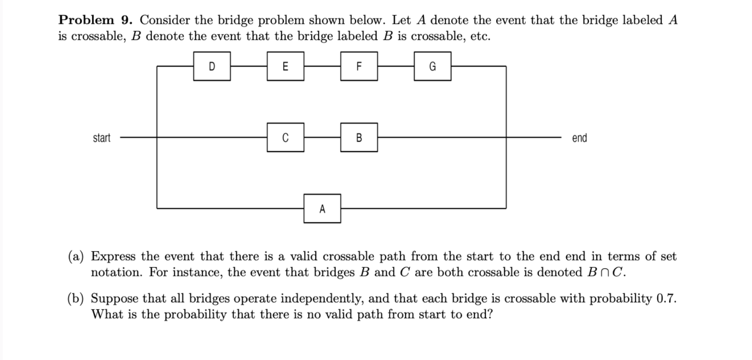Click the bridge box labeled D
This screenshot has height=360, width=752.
tap(212, 66)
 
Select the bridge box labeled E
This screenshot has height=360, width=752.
tap(285, 66)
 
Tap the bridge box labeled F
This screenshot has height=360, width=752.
tap(358, 66)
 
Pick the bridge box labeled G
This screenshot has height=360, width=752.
tap(432, 66)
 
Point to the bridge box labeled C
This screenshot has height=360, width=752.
tap(285, 137)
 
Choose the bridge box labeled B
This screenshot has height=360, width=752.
tap(358, 137)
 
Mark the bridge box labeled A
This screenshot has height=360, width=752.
tap(322, 208)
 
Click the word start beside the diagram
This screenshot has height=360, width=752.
tap(101, 138)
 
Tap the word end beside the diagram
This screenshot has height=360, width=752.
tap(579, 138)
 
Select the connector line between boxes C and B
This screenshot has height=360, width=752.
tap(322, 137)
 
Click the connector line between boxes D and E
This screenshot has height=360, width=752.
tap(249, 66)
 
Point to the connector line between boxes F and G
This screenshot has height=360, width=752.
tap(396, 66)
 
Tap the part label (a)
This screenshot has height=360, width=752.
tap(76, 256)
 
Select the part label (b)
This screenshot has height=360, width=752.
tap(76, 299)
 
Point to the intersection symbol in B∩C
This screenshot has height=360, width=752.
tap(605, 273)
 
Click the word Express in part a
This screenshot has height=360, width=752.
tap(113, 256)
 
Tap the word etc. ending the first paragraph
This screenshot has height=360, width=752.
tap(480, 36)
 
